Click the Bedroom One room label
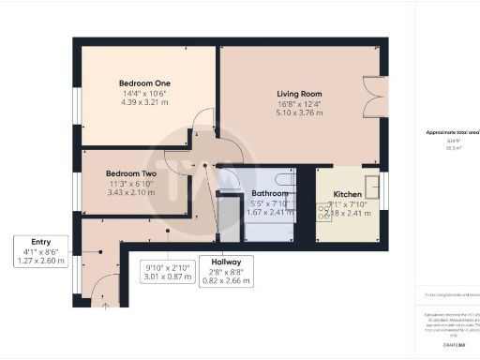(134, 82)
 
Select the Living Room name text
(299, 94)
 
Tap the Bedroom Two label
(130, 174)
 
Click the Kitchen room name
(348, 195)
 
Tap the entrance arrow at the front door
(105, 303)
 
